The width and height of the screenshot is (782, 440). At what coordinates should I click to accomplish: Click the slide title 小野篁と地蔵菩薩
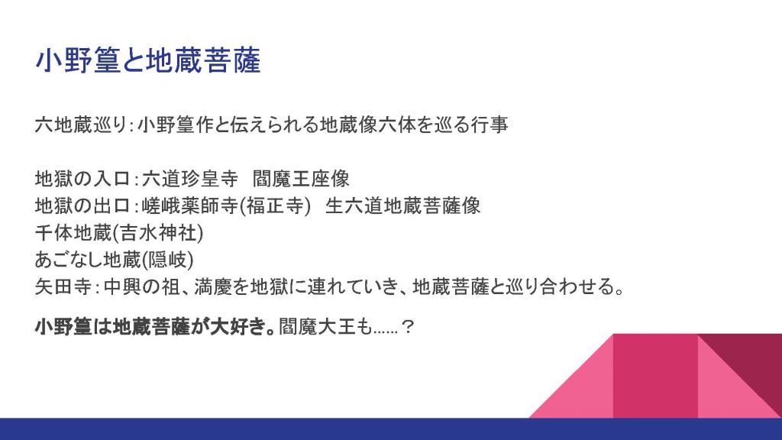point(148,60)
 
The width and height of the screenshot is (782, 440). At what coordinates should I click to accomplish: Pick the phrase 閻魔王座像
point(301,179)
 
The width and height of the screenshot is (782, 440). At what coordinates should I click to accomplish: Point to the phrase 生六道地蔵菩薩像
point(403,205)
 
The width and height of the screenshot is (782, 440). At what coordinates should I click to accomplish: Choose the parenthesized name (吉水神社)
point(157,233)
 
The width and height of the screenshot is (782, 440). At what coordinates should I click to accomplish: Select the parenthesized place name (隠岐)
point(167,260)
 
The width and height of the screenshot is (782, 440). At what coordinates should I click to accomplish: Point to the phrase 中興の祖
point(141,287)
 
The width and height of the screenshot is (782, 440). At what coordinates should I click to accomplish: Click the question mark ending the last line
point(408,327)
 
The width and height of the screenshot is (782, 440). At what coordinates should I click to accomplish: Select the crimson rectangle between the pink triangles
point(655,376)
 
